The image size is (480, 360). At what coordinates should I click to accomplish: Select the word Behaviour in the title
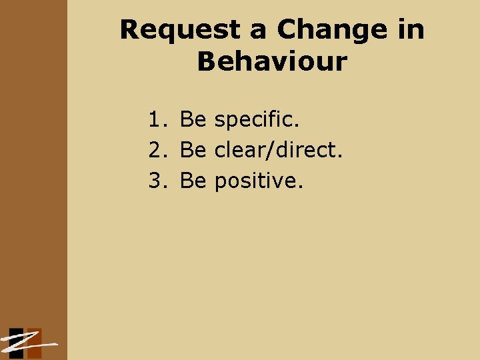pyautogui.click(x=272, y=62)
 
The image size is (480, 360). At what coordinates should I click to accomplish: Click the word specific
pyautogui.click(x=257, y=121)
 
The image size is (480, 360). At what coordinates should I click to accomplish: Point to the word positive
pyautogui.click(x=258, y=181)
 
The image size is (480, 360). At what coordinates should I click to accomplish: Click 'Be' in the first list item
pyautogui.click(x=193, y=120)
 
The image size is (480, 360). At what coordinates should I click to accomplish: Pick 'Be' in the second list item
pyautogui.click(x=193, y=150)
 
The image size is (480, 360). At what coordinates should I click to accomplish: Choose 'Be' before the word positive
pyautogui.click(x=193, y=180)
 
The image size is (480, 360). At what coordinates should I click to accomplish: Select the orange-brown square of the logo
pyautogui.click(x=33, y=339)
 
